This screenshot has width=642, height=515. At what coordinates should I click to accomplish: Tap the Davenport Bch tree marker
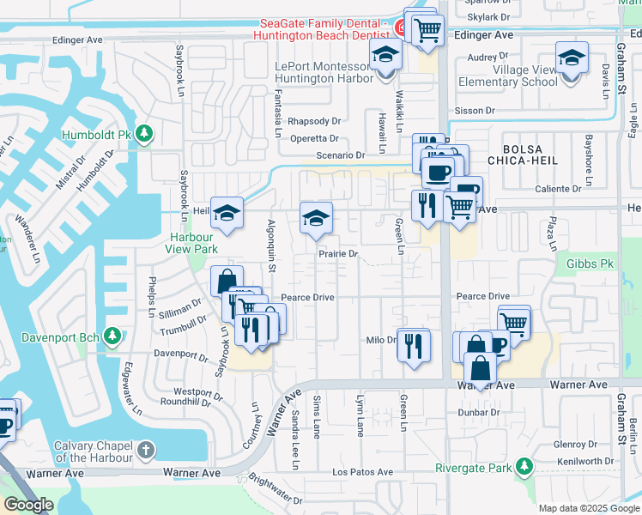click(111, 334)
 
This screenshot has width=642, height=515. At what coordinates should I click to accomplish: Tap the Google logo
click(28, 505)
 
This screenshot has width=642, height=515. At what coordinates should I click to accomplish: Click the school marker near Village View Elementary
click(572, 58)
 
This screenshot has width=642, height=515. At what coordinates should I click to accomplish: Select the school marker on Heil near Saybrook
click(227, 214)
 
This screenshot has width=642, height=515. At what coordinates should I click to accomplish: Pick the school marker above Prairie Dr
click(316, 219)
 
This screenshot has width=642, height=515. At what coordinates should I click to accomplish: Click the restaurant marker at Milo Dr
click(414, 345)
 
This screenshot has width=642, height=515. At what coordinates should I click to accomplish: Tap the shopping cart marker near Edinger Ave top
click(427, 30)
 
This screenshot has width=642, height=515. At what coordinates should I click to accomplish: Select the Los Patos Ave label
click(361, 472)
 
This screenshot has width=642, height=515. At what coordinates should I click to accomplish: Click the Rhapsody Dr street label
click(314, 122)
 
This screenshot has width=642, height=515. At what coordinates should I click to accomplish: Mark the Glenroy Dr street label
click(575, 445)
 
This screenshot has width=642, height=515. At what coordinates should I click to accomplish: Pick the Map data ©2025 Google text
click(589, 508)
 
